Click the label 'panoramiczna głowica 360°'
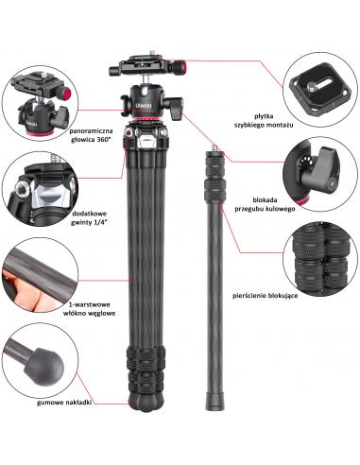coord(91,135)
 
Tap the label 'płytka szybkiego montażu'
coord(264,121)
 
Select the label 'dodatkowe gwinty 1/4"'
coord(90,218)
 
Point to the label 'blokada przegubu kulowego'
coord(265,204)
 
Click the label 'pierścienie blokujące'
coord(266,296)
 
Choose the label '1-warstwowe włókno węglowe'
coord(89,309)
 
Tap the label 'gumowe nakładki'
coord(64,403)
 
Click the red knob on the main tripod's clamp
coord(180,67)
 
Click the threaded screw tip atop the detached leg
coord(214,147)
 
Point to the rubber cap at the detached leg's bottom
coord(215,401)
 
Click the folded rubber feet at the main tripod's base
coord(146,402)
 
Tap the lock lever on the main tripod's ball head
coord(176,108)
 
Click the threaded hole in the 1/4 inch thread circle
coord(23,189)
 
